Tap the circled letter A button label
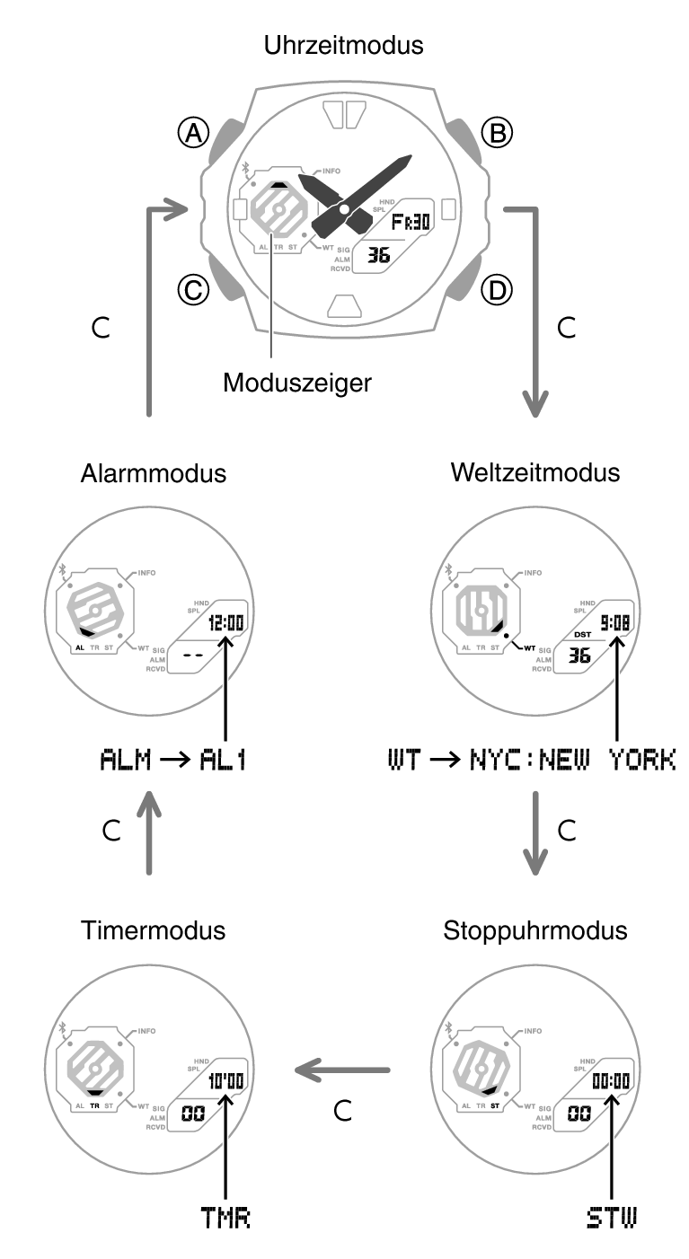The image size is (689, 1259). click(192, 134)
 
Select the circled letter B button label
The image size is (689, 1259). click(496, 134)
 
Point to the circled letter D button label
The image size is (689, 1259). click(496, 289)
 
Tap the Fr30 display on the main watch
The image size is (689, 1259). click(410, 222)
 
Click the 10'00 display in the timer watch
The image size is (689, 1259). click(225, 1081)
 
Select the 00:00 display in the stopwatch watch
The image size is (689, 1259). click(610, 1081)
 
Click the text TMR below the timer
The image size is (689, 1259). click(225, 1219)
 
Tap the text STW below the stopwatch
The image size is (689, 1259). click(611, 1219)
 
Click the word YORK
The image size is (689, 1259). click(641, 761)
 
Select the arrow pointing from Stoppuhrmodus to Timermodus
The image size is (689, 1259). click(345, 1070)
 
